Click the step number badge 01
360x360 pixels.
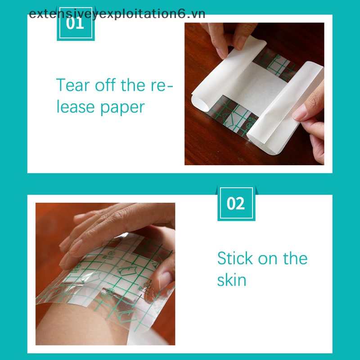[76, 24]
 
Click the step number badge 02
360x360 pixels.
[236, 203]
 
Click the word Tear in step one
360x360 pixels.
[73, 85]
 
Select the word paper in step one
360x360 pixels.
[122, 108]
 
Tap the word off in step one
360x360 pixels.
[105, 85]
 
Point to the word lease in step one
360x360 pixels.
[76, 107]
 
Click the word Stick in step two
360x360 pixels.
[235, 258]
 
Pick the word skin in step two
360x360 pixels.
[232, 280]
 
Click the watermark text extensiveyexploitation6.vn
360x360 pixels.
[117, 14]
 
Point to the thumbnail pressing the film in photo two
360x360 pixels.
[165, 279]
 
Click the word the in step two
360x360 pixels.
[295, 258]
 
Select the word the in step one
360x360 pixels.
[133, 85]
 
